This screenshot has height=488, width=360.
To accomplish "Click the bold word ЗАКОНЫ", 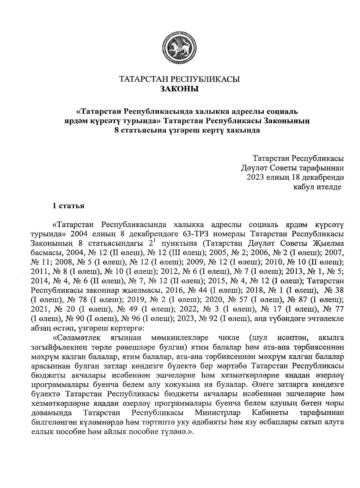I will click(179, 89).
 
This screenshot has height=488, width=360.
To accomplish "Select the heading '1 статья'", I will click(68, 206).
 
